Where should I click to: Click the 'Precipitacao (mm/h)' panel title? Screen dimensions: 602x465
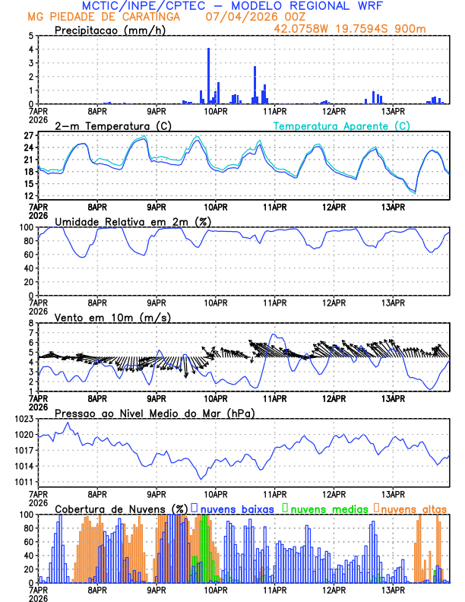pos(111,30)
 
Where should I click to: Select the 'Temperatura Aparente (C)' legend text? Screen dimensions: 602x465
pos(341,125)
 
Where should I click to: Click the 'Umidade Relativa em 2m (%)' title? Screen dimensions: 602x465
pos(125,221)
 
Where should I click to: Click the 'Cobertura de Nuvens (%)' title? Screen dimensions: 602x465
pos(122,508)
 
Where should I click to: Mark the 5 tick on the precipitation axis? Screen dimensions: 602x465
pos(30,36)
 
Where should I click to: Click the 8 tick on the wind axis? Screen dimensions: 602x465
pos(30,323)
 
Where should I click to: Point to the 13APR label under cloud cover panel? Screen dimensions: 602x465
pos(392,590)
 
